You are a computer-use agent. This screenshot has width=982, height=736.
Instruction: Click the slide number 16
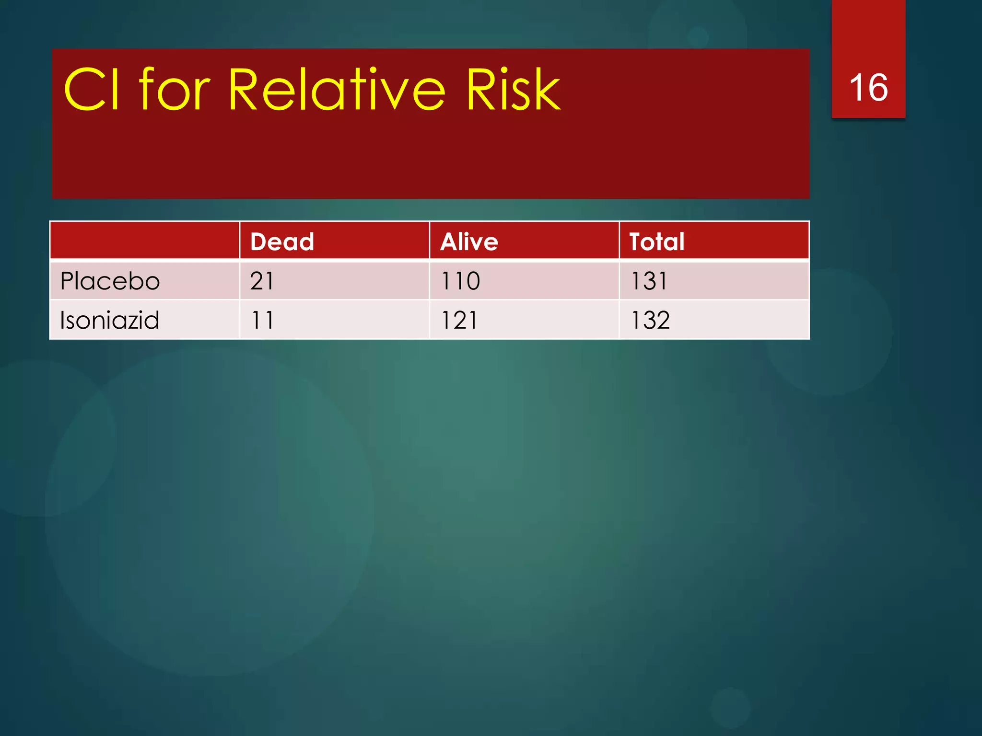coord(868,88)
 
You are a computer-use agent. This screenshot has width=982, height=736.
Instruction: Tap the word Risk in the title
coord(513,90)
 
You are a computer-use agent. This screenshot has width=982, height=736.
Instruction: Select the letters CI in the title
coord(92,90)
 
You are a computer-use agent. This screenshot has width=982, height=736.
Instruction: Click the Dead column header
coord(282,241)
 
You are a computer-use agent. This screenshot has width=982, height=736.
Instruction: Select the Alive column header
coord(469,241)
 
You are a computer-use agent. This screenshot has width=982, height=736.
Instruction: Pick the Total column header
coord(656,241)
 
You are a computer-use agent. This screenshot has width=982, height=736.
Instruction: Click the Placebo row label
coord(110,281)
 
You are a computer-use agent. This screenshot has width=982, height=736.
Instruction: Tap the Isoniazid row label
coord(109,320)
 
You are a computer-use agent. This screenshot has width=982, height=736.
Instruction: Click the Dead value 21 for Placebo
coord(262,281)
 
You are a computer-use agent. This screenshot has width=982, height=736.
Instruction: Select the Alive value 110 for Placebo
coord(460,281)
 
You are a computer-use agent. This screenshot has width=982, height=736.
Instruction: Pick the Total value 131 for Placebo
coord(649,281)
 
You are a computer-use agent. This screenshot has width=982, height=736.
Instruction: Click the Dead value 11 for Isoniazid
coord(262,320)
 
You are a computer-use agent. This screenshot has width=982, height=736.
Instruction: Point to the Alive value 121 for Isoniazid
coord(459,320)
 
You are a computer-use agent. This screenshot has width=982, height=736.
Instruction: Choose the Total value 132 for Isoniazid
coord(650,320)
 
